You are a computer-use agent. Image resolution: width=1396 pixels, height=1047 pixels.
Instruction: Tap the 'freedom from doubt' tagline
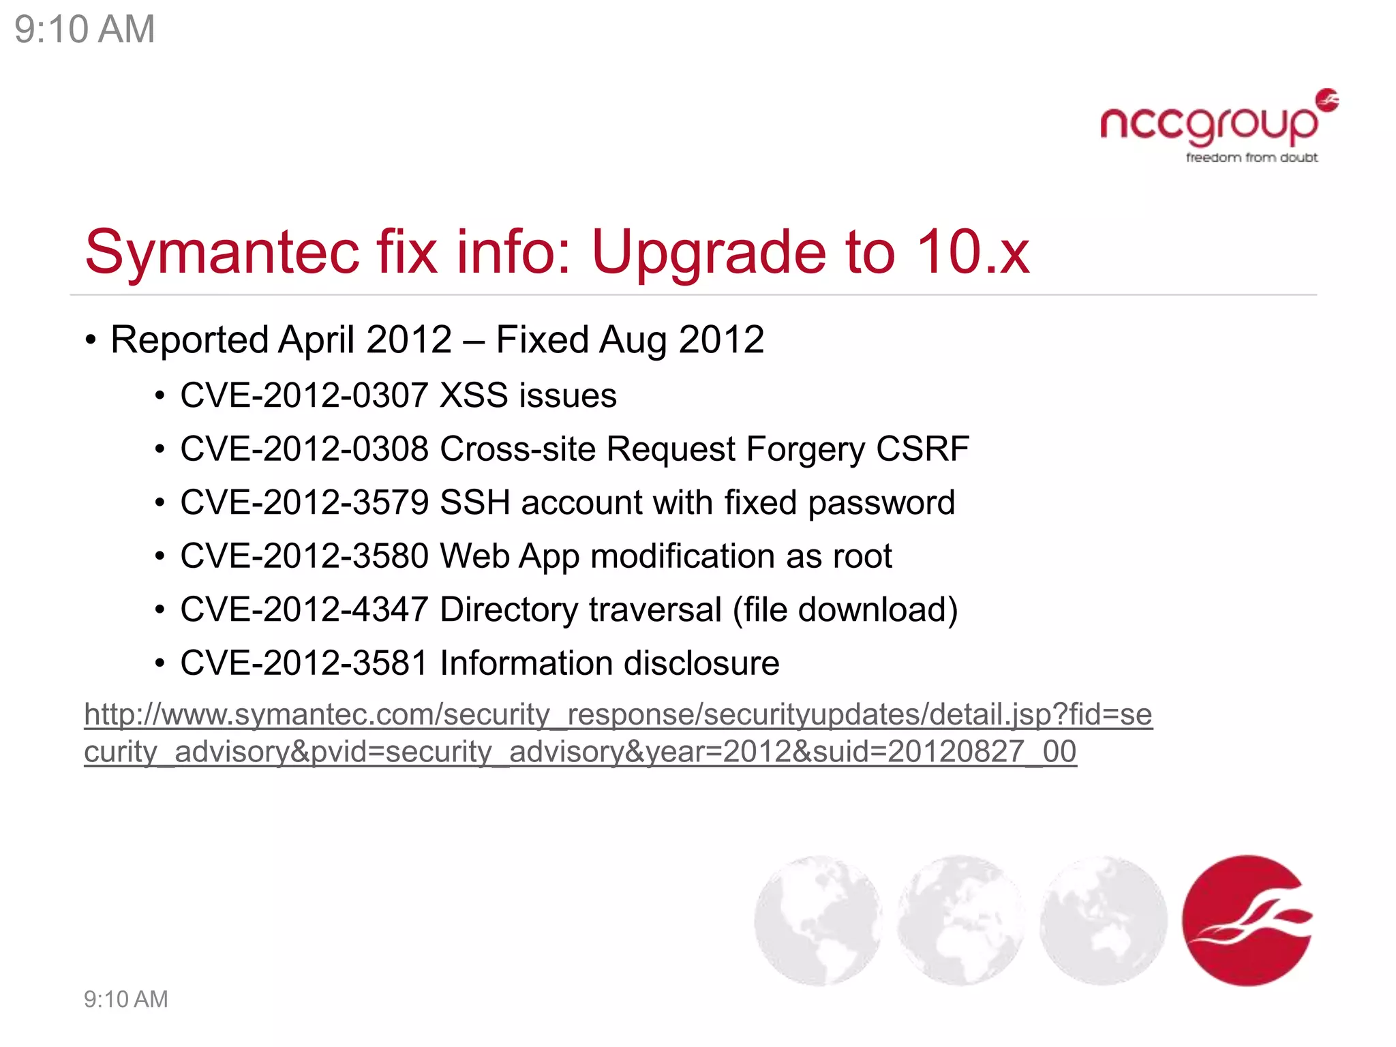coord(1251,158)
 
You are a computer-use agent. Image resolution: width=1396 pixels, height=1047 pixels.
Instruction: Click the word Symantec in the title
coord(222,252)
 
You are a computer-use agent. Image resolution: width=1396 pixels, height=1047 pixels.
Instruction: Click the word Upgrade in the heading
coord(710,252)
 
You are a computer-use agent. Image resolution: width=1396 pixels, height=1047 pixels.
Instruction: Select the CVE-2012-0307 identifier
coord(304,395)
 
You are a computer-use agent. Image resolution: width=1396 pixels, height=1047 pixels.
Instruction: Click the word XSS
coord(474,395)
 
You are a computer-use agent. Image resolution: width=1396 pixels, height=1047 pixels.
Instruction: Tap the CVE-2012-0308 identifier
coord(304,449)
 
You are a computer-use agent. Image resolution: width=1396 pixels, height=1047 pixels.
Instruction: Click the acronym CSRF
coord(922,449)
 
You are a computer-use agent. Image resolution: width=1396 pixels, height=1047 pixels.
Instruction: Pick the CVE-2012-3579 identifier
coord(304,503)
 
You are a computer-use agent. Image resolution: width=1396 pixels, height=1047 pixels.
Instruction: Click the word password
coord(881,503)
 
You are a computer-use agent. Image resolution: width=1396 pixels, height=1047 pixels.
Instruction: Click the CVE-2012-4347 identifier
coord(304,609)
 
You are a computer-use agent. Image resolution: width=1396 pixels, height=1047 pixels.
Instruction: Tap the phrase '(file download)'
coord(845,609)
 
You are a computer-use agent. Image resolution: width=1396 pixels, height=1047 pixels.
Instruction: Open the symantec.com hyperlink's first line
coord(618,714)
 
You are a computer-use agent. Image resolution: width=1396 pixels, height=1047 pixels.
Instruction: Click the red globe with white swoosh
coord(1247,920)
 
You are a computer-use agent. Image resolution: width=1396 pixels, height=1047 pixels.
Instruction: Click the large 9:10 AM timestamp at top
coord(85,29)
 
